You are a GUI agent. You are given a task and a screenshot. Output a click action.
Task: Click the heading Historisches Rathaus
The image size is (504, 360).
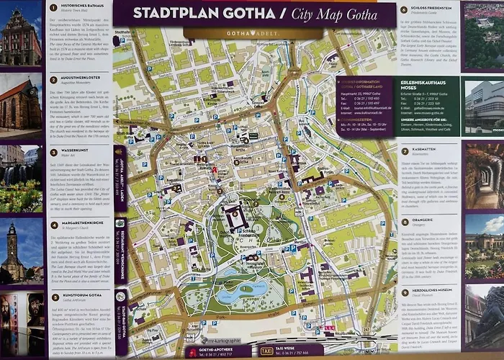pos(78,7)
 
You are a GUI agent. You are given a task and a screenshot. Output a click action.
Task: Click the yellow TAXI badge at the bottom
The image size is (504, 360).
pos(266,351)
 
